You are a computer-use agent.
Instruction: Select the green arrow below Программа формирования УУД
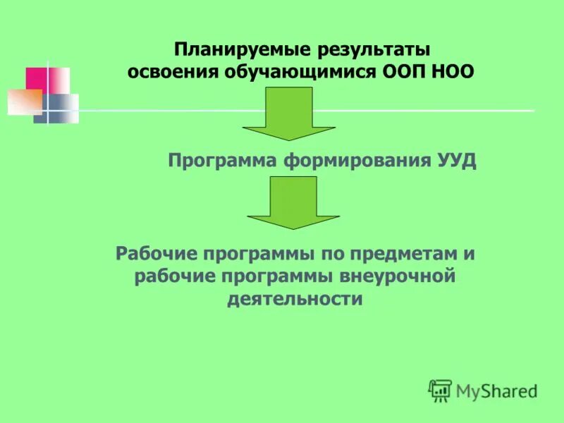pos(293,202)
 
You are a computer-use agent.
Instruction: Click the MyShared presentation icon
pos(440,389)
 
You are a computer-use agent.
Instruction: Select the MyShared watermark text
pos(496,390)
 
